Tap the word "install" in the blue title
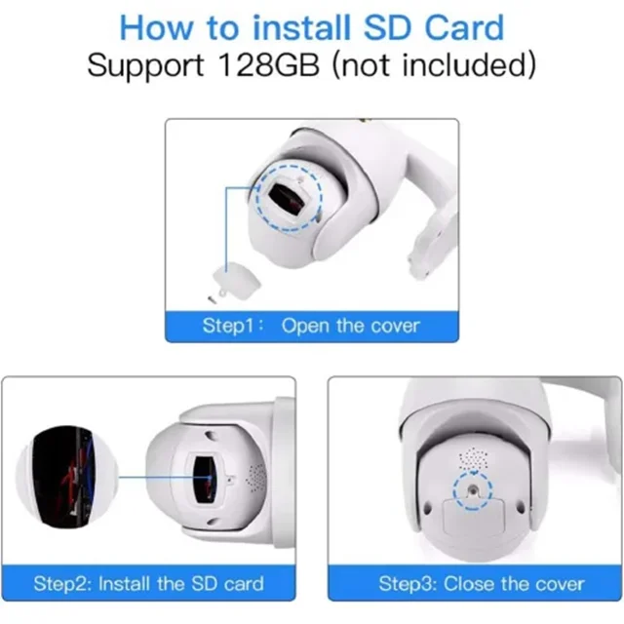tap(302, 28)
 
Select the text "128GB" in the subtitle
tap(269, 65)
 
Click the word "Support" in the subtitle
tap(145, 66)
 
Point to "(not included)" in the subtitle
tap(434, 65)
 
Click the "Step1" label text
tap(228, 326)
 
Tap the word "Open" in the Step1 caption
tap(305, 327)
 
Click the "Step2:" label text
tap(62, 584)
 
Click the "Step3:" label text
tap(408, 584)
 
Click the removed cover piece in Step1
tap(237, 281)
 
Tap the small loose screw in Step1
tap(213, 299)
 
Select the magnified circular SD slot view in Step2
tap(67, 478)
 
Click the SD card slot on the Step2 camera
tap(204, 479)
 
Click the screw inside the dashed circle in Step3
tap(473, 490)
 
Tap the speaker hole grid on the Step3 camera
tap(473, 458)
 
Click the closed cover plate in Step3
tap(474, 516)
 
